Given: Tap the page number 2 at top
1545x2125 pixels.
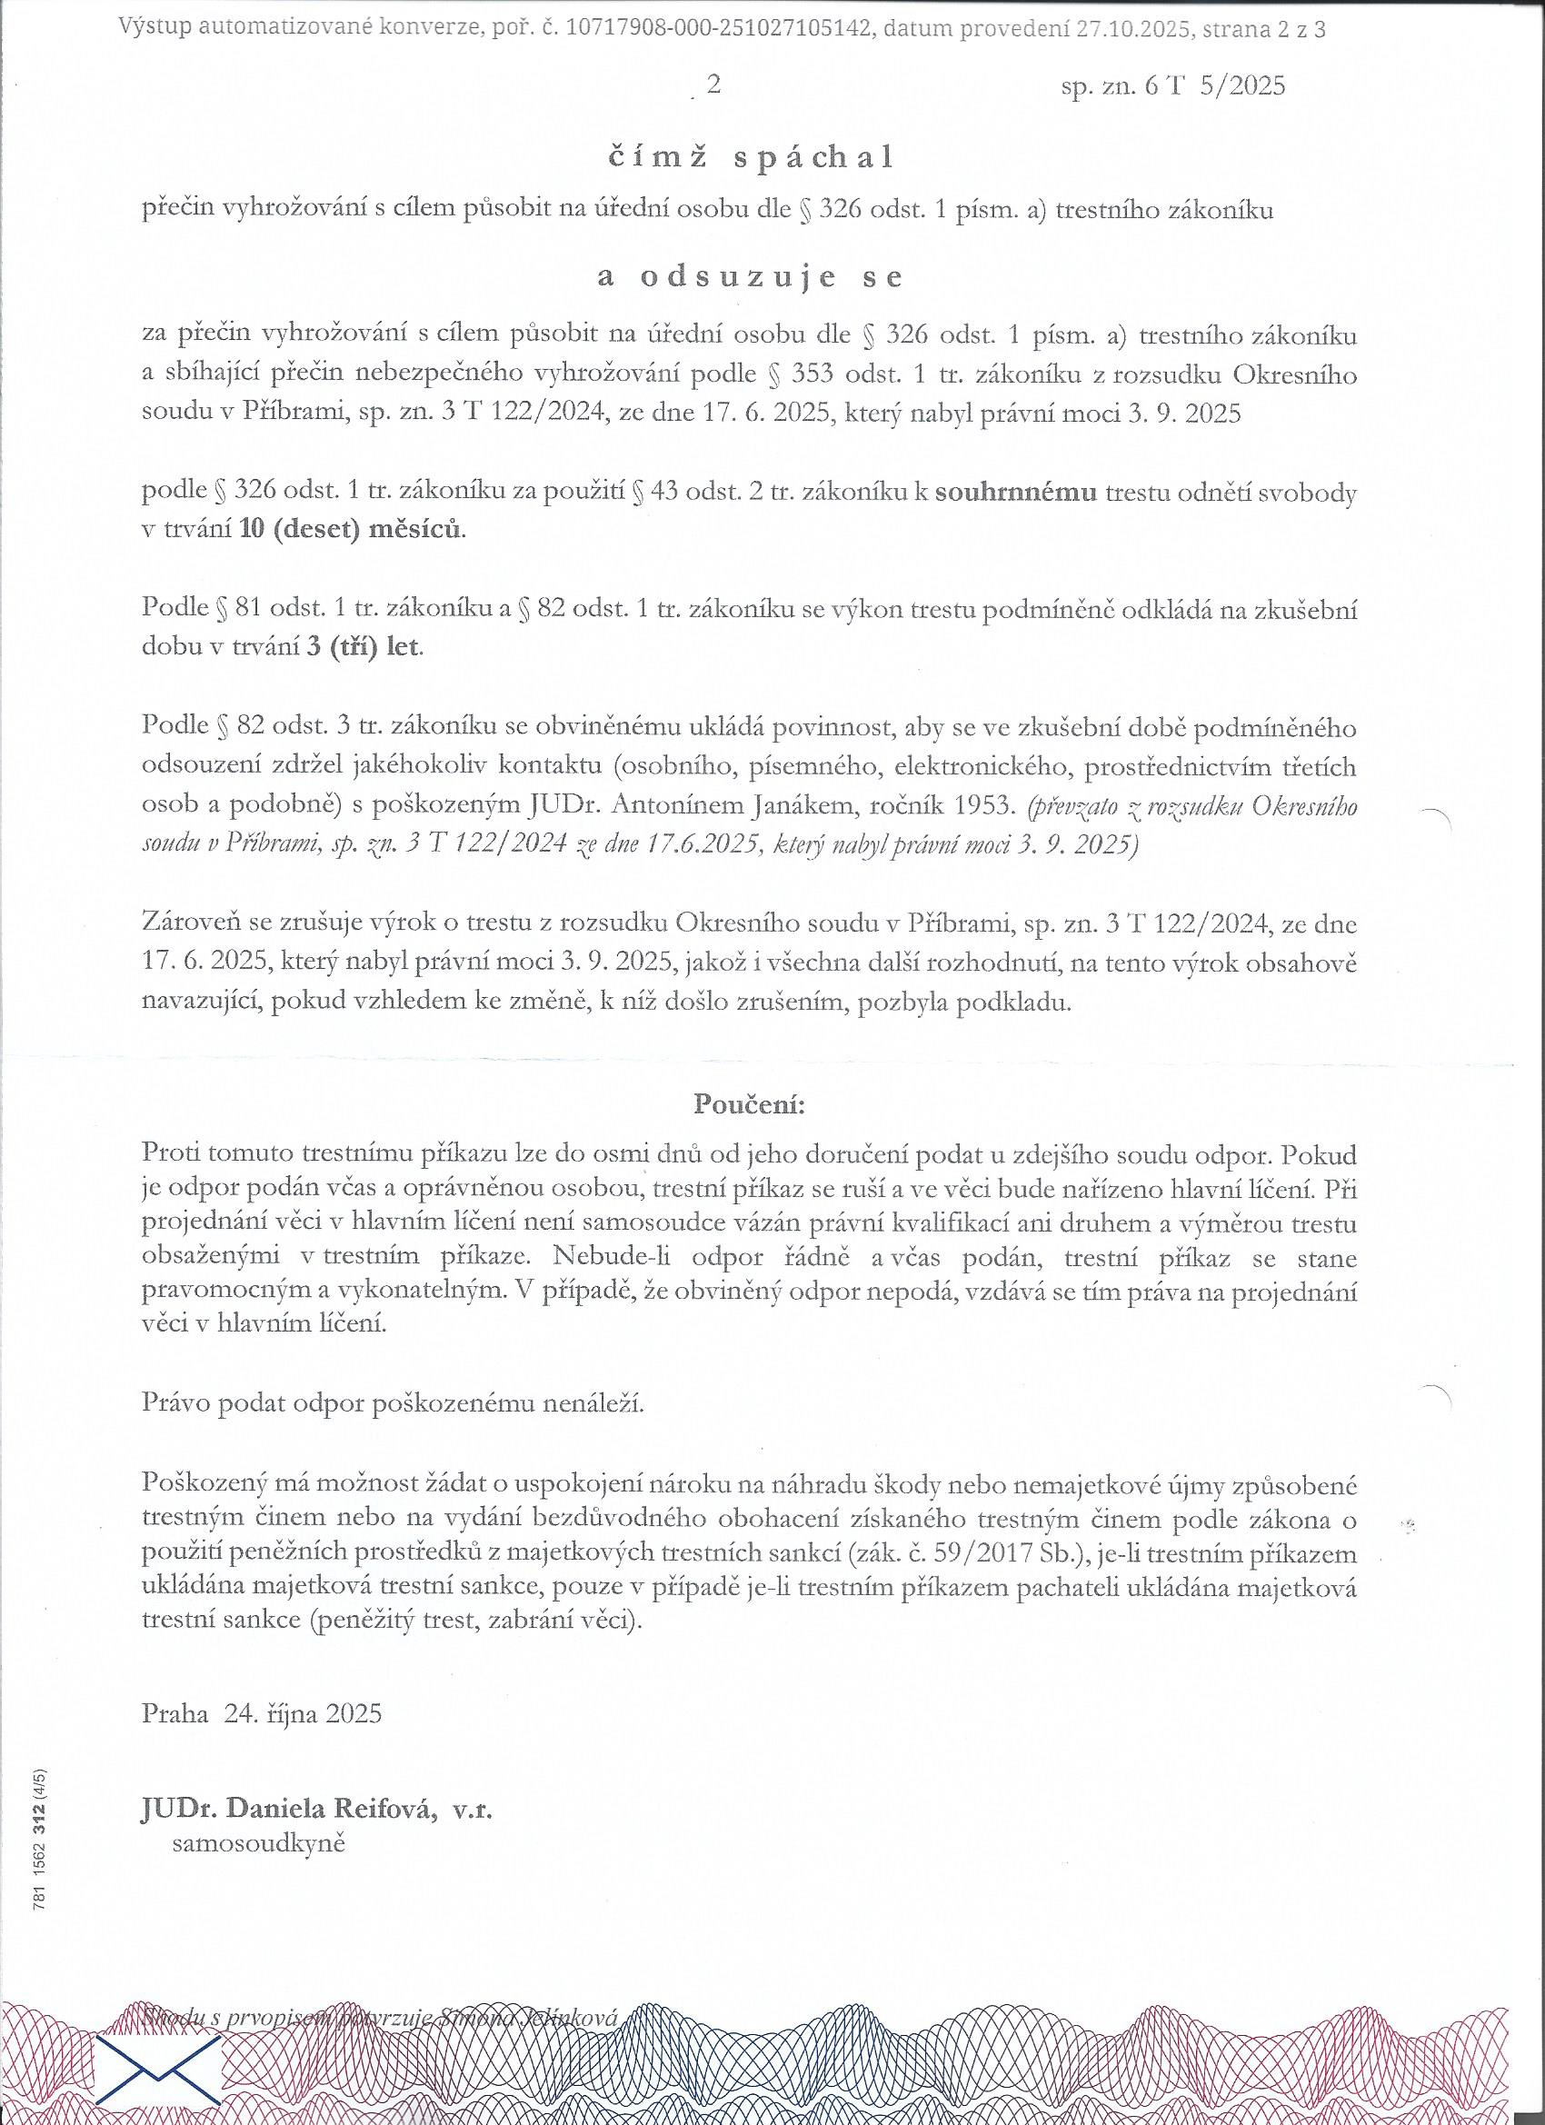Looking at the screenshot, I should [714, 85].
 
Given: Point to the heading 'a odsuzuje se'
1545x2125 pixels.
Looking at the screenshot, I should [749, 278].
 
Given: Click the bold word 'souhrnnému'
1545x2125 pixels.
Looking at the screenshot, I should [1017, 494].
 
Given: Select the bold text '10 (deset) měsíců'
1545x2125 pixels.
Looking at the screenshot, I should [352, 530].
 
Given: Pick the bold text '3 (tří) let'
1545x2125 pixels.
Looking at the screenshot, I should [364, 648].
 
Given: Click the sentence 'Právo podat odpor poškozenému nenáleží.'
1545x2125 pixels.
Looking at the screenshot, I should [394, 1404].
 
